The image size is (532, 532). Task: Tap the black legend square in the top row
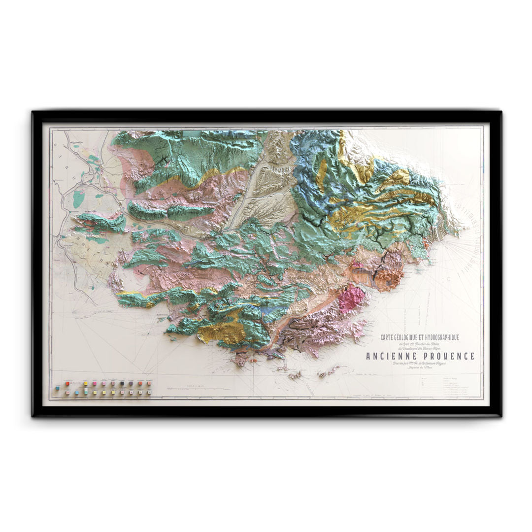coord(122,383)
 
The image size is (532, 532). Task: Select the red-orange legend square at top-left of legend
coord(67,384)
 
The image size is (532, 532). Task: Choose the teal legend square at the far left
coord(58,388)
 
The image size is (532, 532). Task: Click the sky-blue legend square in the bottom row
coord(77,393)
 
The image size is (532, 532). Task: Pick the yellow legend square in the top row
coord(86,383)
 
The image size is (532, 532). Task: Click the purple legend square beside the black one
coord(131,383)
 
